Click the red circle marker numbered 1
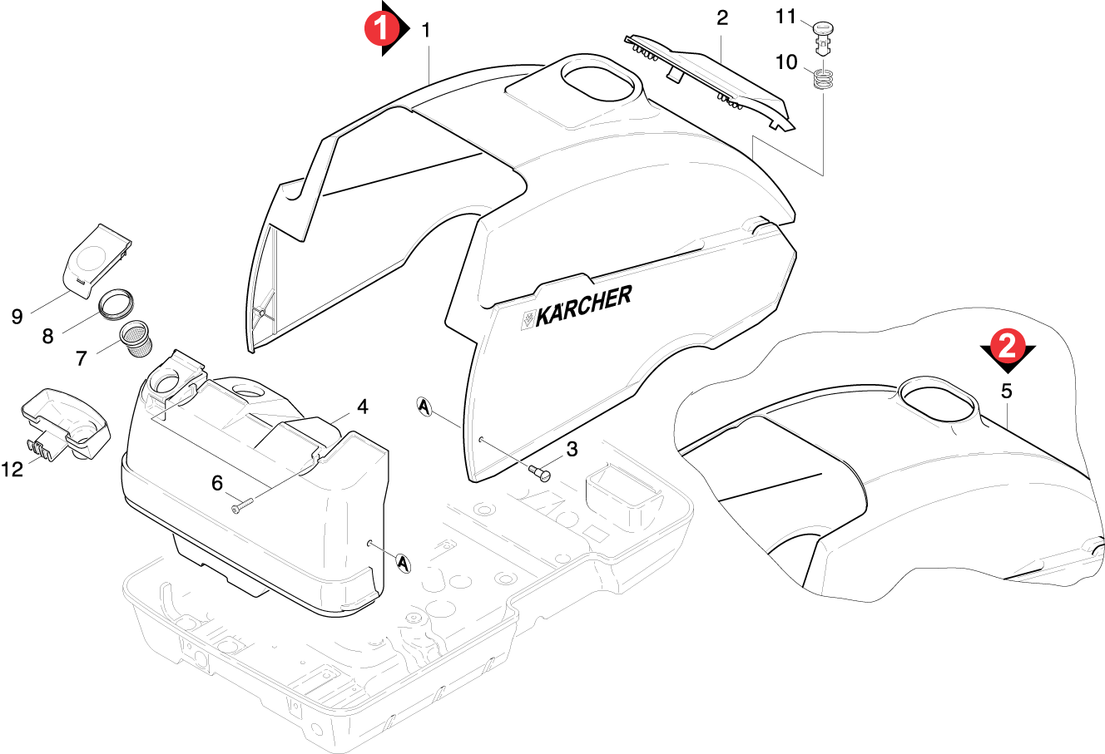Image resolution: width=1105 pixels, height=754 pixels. click(x=381, y=28)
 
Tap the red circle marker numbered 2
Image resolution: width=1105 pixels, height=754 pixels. click(x=1008, y=346)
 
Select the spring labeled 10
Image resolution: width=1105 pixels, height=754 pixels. click(x=823, y=79)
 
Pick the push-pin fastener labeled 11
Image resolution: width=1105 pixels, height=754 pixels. click(x=823, y=38)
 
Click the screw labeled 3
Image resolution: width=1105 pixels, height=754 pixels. click(x=539, y=473)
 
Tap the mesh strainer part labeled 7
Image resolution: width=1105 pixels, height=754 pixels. click(x=136, y=339)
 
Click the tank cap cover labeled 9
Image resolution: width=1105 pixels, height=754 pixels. click(x=97, y=260)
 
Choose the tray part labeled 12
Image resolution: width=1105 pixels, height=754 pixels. click(x=65, y=425)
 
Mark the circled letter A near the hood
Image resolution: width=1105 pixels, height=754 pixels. click(x=424, y=407)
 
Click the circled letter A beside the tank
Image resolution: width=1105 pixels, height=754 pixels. click(x=404, y=563)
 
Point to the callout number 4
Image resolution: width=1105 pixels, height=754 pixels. click(x=363, y=407)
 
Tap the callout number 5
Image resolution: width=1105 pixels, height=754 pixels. click(x=1006, y=392)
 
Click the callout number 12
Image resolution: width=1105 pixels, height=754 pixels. click(x=12, y=470)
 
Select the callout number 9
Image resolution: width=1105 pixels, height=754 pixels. click(x=17, y=317)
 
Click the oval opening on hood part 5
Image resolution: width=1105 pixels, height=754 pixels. click(x=937, y=400)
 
